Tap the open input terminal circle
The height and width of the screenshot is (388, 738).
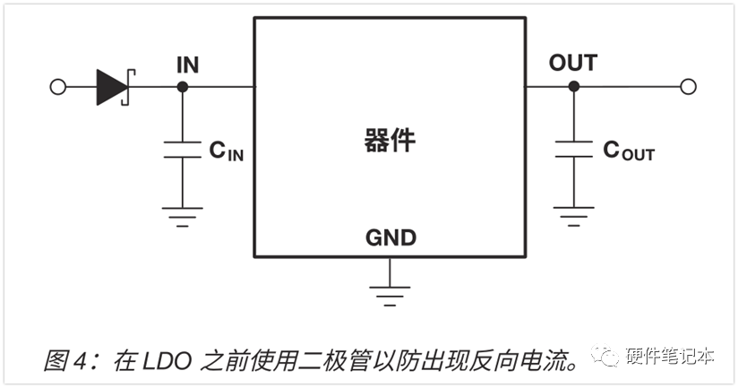58,87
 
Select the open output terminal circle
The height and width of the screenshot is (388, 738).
688,87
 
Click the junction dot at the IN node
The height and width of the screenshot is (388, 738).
183,87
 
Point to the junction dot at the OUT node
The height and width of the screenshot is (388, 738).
574,87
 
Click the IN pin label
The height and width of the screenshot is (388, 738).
188,65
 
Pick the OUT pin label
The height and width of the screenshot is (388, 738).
573,63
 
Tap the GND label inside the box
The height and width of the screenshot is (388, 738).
390,237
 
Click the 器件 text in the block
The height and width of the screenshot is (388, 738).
390,141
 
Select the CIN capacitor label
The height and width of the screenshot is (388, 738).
227,151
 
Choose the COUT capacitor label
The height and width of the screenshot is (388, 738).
629,151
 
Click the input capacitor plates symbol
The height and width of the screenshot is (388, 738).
183,150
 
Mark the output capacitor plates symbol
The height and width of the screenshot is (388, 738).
574,149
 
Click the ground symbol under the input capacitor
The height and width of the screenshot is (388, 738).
183,217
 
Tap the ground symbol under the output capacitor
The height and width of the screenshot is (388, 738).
574,217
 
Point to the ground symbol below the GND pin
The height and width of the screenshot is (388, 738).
390,297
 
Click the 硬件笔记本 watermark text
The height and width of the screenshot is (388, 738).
670,356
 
